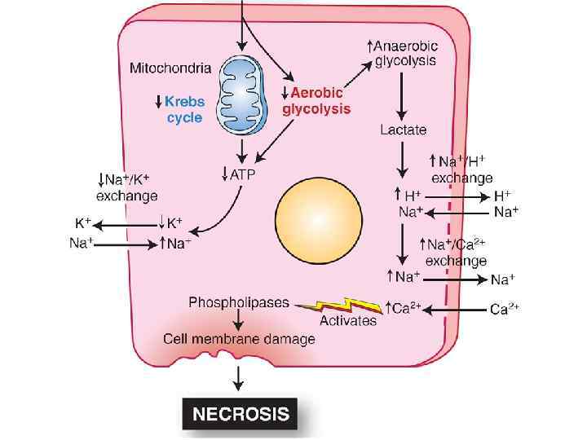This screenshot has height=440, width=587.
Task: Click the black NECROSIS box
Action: click(x=240, y=414)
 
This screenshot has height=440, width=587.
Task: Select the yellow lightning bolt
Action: click(x=339, y=306)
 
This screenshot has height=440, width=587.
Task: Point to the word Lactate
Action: click(x=403, y=130)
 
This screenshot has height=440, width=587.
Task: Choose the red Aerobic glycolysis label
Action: click(x=316, y=100)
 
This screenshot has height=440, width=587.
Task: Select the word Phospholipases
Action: click(x=239, y=302)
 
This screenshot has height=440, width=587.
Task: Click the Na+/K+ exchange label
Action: click(x=126, y=187)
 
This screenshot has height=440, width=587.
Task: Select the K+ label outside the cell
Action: click(x=83, y=222)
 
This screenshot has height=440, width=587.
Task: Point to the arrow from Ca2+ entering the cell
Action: click(x=457, y=310)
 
